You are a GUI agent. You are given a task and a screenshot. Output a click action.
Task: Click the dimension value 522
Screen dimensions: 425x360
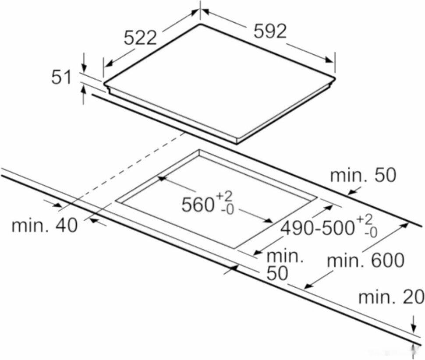140,38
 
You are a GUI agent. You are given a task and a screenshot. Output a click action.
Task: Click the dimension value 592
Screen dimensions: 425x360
270,31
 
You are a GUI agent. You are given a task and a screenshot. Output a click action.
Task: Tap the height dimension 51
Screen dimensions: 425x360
61,78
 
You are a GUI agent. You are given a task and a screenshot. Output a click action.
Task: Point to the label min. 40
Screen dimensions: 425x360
44,225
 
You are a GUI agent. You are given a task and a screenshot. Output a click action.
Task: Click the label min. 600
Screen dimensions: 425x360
366,260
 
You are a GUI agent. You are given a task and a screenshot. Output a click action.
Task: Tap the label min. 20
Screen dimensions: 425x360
391,297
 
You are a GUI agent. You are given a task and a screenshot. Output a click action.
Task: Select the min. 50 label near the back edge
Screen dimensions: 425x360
363,175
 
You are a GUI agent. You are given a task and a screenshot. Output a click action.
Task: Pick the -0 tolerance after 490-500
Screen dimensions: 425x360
371,233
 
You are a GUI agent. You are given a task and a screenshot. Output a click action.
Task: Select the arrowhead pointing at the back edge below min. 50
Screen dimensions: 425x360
351,192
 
